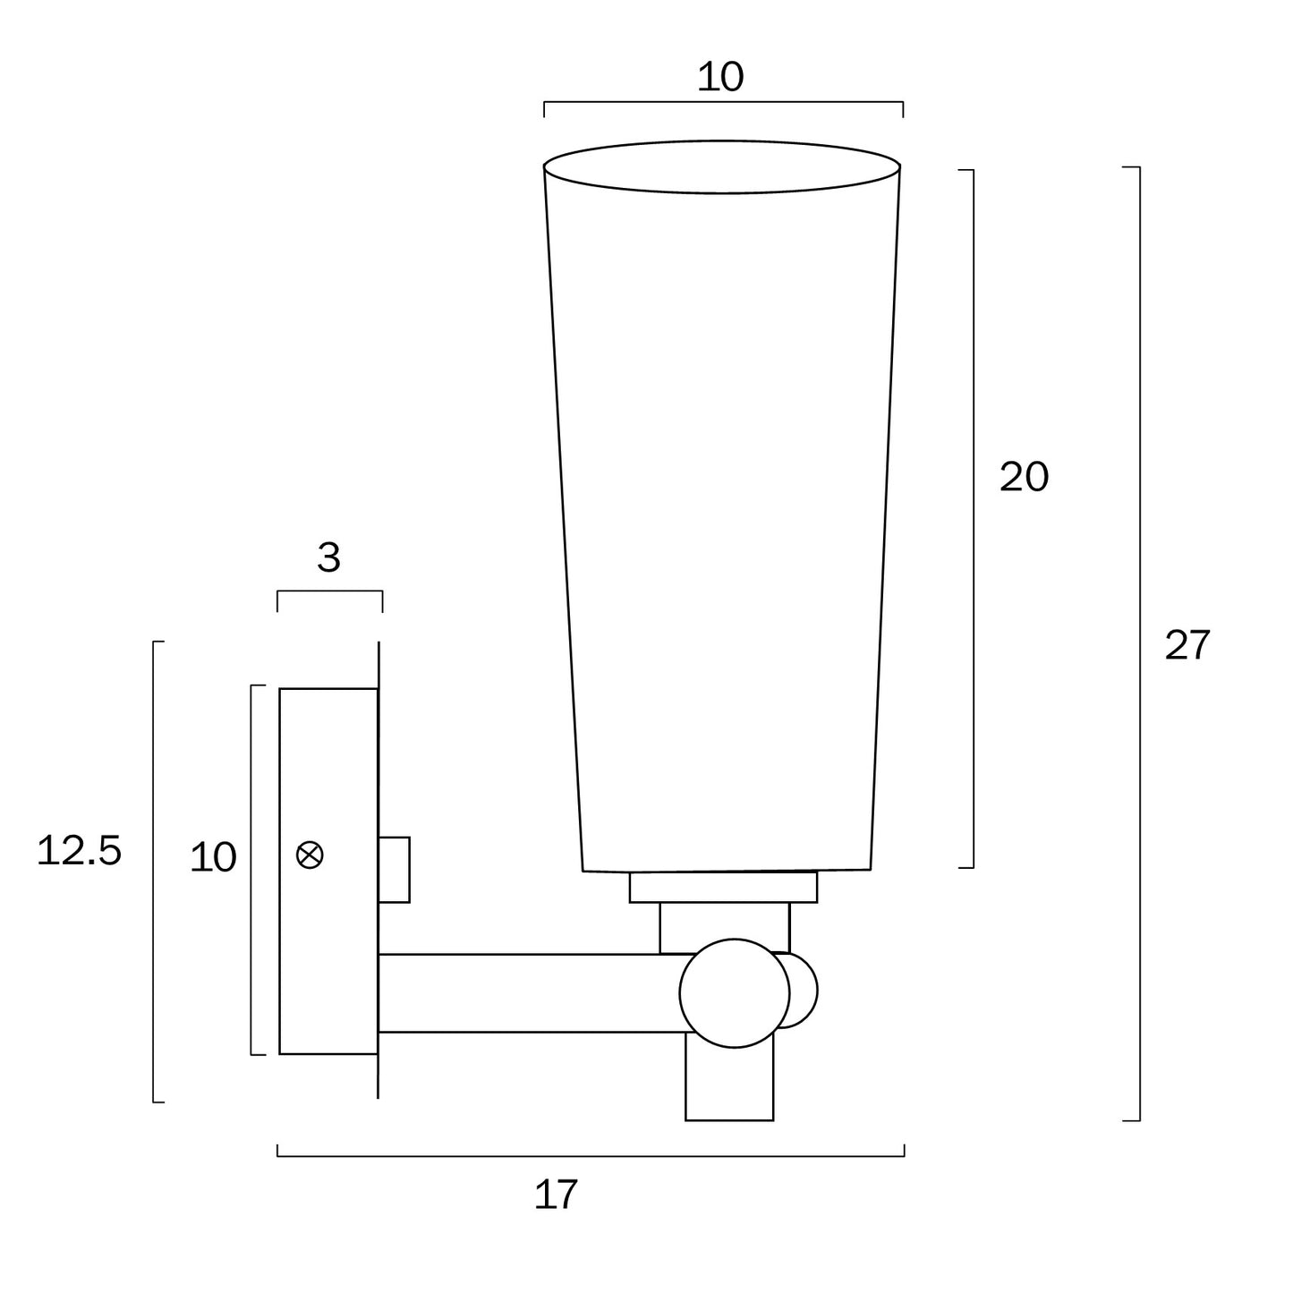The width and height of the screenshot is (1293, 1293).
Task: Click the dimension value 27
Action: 1187,645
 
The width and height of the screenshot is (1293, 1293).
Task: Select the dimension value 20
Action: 1024,477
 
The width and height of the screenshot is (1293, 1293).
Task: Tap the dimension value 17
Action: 556,1195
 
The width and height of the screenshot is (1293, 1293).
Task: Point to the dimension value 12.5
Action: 79,851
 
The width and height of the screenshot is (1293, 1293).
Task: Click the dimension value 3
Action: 328,558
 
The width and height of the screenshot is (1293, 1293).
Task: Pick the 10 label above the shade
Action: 719,78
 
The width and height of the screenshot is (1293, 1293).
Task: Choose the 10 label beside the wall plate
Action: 213,858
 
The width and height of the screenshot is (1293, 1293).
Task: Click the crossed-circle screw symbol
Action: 310,855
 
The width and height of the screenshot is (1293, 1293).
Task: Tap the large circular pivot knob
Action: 734,993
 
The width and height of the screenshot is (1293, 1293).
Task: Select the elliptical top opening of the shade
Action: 721,166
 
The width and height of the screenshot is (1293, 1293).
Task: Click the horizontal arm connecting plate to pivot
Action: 528,993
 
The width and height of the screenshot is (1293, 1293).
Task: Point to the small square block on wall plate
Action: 394,870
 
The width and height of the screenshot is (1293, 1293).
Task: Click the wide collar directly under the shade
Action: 723,887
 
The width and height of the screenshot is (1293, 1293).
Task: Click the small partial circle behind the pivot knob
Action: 804,991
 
